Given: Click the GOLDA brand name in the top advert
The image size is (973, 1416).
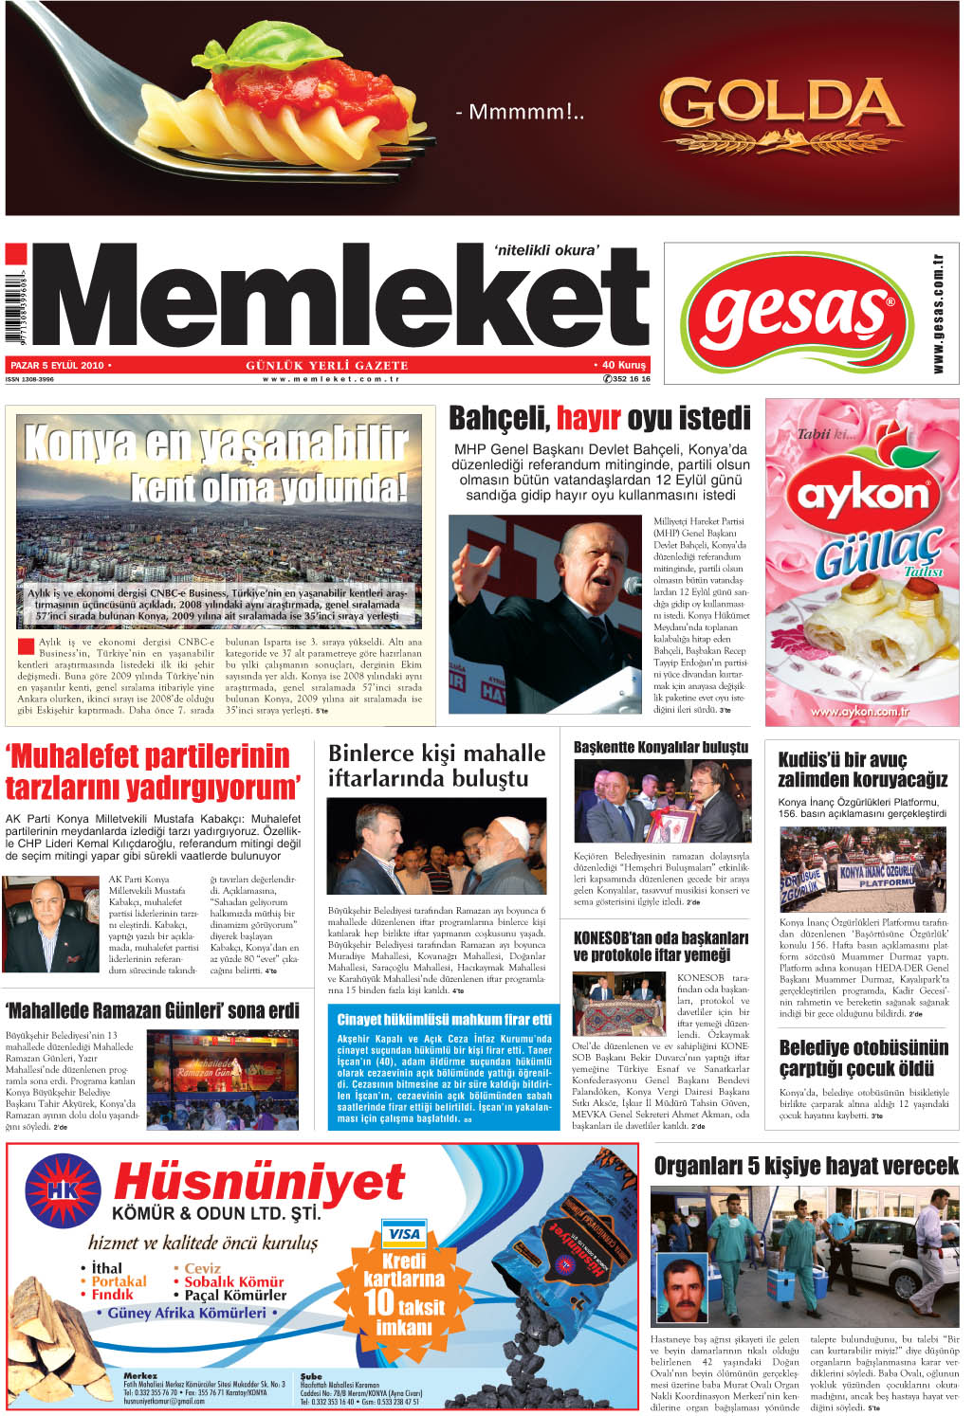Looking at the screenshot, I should click(780, 103).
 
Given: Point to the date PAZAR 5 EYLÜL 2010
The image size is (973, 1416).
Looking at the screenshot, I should click(57, 365).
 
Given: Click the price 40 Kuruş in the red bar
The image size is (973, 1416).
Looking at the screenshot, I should click(620, 365).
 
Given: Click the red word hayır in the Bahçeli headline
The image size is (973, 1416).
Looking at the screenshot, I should click(588, 418).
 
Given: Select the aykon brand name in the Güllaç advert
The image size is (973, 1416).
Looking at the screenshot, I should click(862, 495).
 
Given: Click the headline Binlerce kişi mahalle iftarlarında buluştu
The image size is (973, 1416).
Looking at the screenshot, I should click(436, 766).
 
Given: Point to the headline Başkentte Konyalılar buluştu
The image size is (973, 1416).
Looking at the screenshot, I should click(661, 747).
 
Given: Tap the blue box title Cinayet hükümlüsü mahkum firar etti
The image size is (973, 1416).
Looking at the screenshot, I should click(444, 1020).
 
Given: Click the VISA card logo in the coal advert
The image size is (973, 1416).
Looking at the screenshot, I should click(403, 1234).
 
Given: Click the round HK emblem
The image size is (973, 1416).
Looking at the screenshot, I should click(63, 1191).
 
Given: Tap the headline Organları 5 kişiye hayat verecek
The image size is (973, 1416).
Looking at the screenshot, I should click(806, 1166).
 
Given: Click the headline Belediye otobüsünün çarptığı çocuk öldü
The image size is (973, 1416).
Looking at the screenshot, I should click(863, 1058).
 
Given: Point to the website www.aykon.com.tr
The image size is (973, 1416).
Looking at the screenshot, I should click(859, 711).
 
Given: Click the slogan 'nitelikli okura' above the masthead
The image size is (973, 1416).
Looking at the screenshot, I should click(547, 250).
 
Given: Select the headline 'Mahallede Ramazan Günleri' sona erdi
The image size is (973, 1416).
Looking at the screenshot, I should click(153, 1010).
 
